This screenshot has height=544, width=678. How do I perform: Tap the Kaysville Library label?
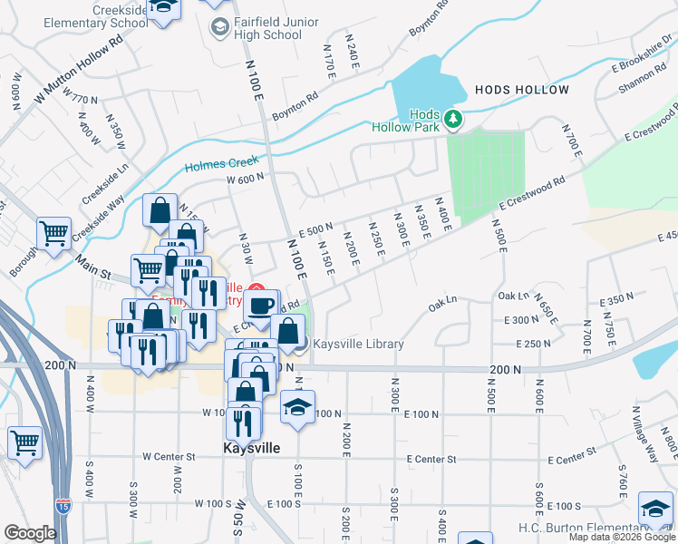(x=358, y=345)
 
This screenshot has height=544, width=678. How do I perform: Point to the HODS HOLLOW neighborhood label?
(x=521, y=90)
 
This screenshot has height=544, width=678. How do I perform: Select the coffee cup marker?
(x=262, y=304)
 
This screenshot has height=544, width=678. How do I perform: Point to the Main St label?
(x=92, y=266)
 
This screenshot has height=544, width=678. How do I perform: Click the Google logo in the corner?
(x=30, y=533)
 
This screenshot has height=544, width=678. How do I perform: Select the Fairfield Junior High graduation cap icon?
(x=219, y=28)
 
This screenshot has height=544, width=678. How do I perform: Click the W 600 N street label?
(x=246, y=179)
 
